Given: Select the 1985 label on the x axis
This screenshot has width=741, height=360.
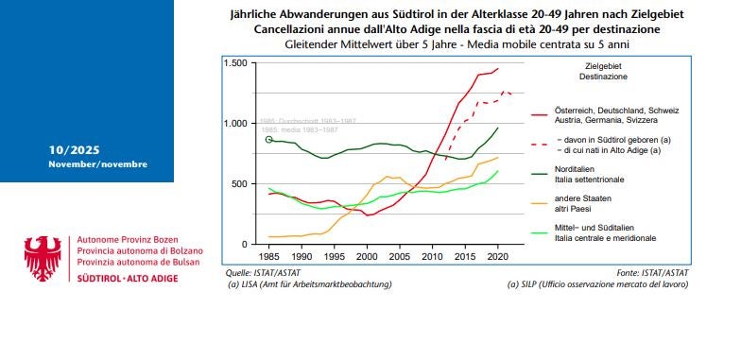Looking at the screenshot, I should (269, 256).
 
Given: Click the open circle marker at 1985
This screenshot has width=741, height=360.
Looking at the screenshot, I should (269, 140).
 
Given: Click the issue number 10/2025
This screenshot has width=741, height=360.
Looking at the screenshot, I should (74, 151).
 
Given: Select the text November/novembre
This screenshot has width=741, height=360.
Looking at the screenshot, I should (97, 164).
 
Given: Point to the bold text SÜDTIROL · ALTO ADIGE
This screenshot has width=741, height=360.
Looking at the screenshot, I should (120, 281).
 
